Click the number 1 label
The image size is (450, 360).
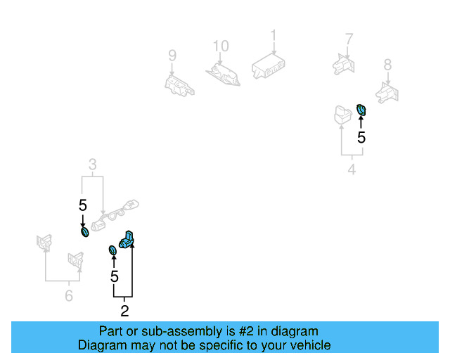pos(274,35)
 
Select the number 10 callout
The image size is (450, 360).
pos(221,46)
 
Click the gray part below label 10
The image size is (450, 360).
pos(222,72)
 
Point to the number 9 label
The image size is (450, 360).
pos(172,55)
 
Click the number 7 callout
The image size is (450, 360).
pos(349,39)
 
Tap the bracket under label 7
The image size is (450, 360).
pos(344,63)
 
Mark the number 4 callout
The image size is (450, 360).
pos(352,169)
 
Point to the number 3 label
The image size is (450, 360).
pos(92,166)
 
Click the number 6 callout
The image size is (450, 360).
pos(68,296)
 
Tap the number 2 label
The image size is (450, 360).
pos(124,310)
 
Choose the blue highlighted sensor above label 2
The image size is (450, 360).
pos(128,240)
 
